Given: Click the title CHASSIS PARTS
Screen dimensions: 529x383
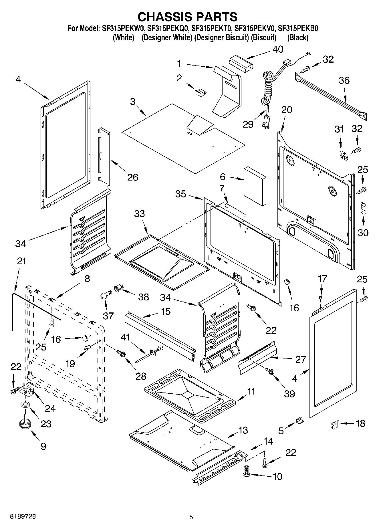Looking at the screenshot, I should (187, 17).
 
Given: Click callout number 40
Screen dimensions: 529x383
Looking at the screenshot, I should (277, 49).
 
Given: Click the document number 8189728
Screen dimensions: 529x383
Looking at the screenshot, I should (23, 516).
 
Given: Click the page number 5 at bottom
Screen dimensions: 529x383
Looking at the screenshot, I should (191, 517).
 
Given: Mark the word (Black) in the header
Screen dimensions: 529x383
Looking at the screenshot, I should (298, 37).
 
